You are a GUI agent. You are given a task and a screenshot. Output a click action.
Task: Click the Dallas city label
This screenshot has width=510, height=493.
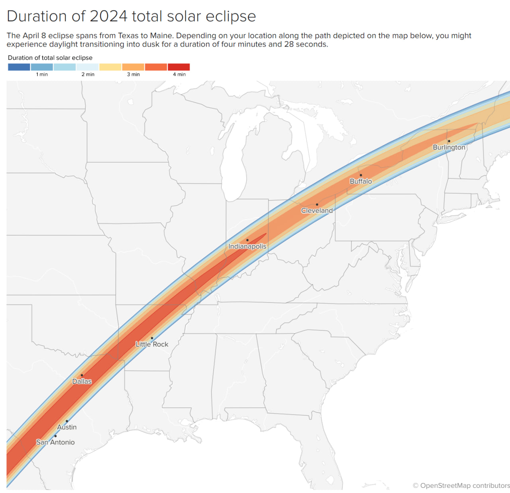(82, 381)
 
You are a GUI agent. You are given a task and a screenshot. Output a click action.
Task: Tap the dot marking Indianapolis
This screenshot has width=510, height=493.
(247, 240)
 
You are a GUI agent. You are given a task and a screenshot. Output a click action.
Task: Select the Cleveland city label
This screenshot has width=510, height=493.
(317, 210)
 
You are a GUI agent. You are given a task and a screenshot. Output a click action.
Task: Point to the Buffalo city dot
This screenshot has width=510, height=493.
(361, 175)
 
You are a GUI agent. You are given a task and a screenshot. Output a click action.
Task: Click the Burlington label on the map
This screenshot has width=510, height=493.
(449, 147)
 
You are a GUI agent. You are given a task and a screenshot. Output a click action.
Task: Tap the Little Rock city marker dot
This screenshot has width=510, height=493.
(152, 338)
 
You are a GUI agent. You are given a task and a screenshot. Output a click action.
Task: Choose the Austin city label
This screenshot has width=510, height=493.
(67, 427)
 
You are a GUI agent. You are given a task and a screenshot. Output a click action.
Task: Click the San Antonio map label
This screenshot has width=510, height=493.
(55, 442)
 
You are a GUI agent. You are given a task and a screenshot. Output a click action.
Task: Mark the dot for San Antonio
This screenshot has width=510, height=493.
(55, 436)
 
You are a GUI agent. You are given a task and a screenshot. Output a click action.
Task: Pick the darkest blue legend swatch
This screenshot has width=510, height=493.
(19, 67)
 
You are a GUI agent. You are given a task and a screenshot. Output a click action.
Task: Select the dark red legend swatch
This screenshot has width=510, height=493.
(178, 67)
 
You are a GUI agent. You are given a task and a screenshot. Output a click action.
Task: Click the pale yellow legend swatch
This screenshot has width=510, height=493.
(110, 67)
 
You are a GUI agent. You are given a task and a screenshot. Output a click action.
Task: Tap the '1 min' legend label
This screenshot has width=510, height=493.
(42, 75)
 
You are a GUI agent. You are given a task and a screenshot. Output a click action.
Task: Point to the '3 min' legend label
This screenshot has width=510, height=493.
(133, 75)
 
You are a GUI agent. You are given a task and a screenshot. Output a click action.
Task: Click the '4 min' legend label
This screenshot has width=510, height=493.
(179, 75)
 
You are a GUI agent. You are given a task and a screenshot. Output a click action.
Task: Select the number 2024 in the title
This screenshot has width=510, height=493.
(108, 16)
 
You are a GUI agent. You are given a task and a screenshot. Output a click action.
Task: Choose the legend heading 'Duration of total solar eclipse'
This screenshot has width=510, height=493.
(50, 58)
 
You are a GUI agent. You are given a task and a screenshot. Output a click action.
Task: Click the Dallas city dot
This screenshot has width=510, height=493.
(82, 375)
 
